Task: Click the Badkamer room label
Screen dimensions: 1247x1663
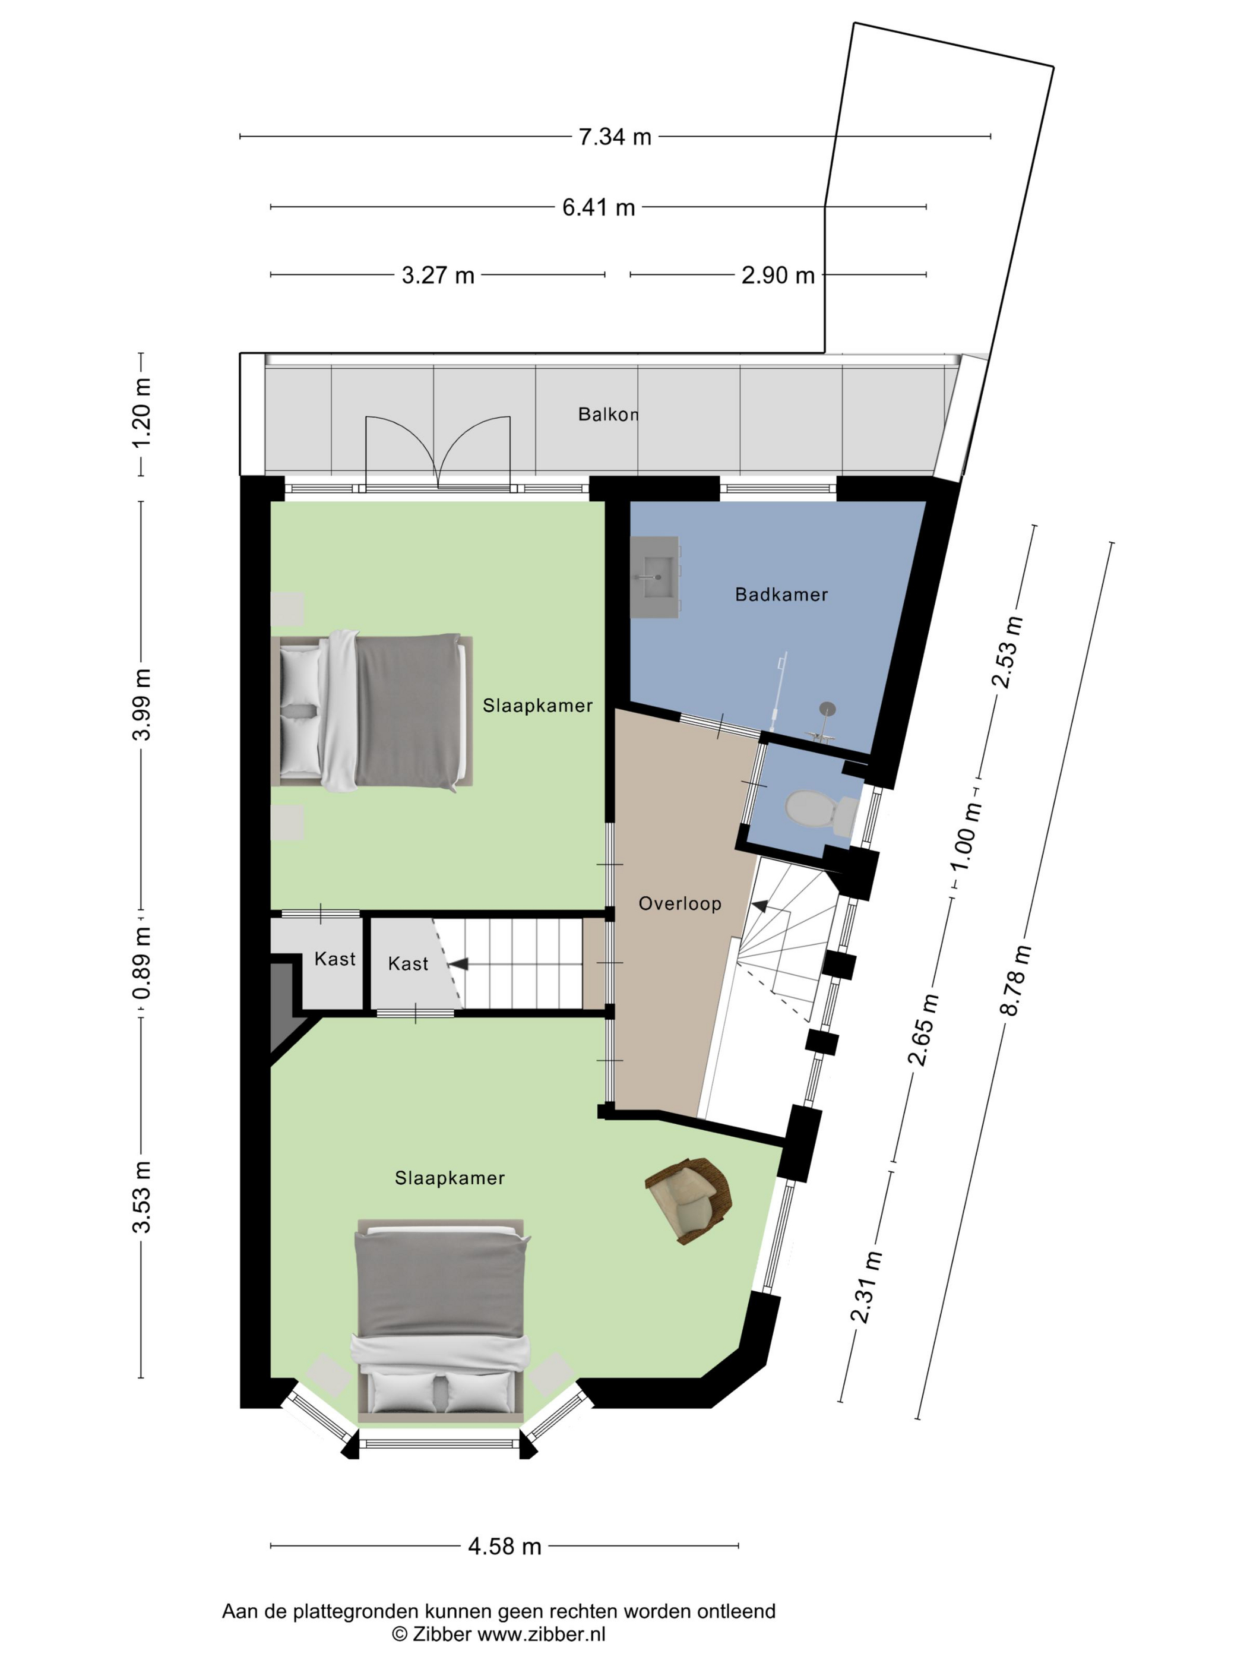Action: click(781, 595)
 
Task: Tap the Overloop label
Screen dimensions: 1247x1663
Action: click(679, 904)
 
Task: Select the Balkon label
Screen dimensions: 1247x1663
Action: click(608, 414)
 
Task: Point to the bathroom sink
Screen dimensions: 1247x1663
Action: click(655, 577)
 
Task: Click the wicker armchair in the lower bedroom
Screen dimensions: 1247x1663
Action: click(688, 1201)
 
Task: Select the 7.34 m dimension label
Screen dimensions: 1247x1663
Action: click(615, 137)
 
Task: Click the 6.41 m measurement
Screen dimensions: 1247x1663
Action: click(599, 207)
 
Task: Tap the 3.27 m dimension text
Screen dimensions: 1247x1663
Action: click(438, 275)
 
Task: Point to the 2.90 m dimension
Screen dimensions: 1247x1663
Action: click(778, 275)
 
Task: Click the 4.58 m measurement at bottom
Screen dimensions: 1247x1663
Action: click(504, 1546)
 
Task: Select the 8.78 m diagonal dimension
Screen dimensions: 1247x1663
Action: click(1015, 981)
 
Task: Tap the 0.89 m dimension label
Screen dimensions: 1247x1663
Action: click(141, 963)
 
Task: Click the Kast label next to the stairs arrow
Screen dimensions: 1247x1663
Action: click(408, 964)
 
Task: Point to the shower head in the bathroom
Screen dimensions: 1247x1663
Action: click(828, 708)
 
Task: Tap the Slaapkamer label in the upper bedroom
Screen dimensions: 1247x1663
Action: click(537, 705)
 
